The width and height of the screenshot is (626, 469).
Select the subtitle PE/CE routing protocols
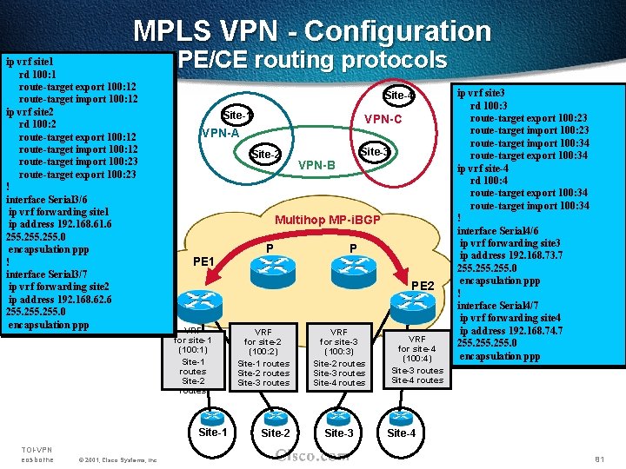click(x=312, y=60)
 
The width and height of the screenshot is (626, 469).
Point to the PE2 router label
click(x=423, y=285)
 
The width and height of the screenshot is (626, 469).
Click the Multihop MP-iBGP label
click(x=328, y=221)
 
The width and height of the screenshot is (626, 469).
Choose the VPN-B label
click(x=316, y=165)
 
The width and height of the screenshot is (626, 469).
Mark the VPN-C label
click(x=383, y=119)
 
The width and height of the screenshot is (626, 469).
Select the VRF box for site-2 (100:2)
click(x=263, y=357)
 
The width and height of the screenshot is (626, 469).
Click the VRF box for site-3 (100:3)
click(x=339, y=357)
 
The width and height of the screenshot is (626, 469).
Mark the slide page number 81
click(x=598, y=459)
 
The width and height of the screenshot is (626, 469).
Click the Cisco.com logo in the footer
click(x=311, y=454)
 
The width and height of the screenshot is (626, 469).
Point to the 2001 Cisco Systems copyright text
click(x=117, y=459)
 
